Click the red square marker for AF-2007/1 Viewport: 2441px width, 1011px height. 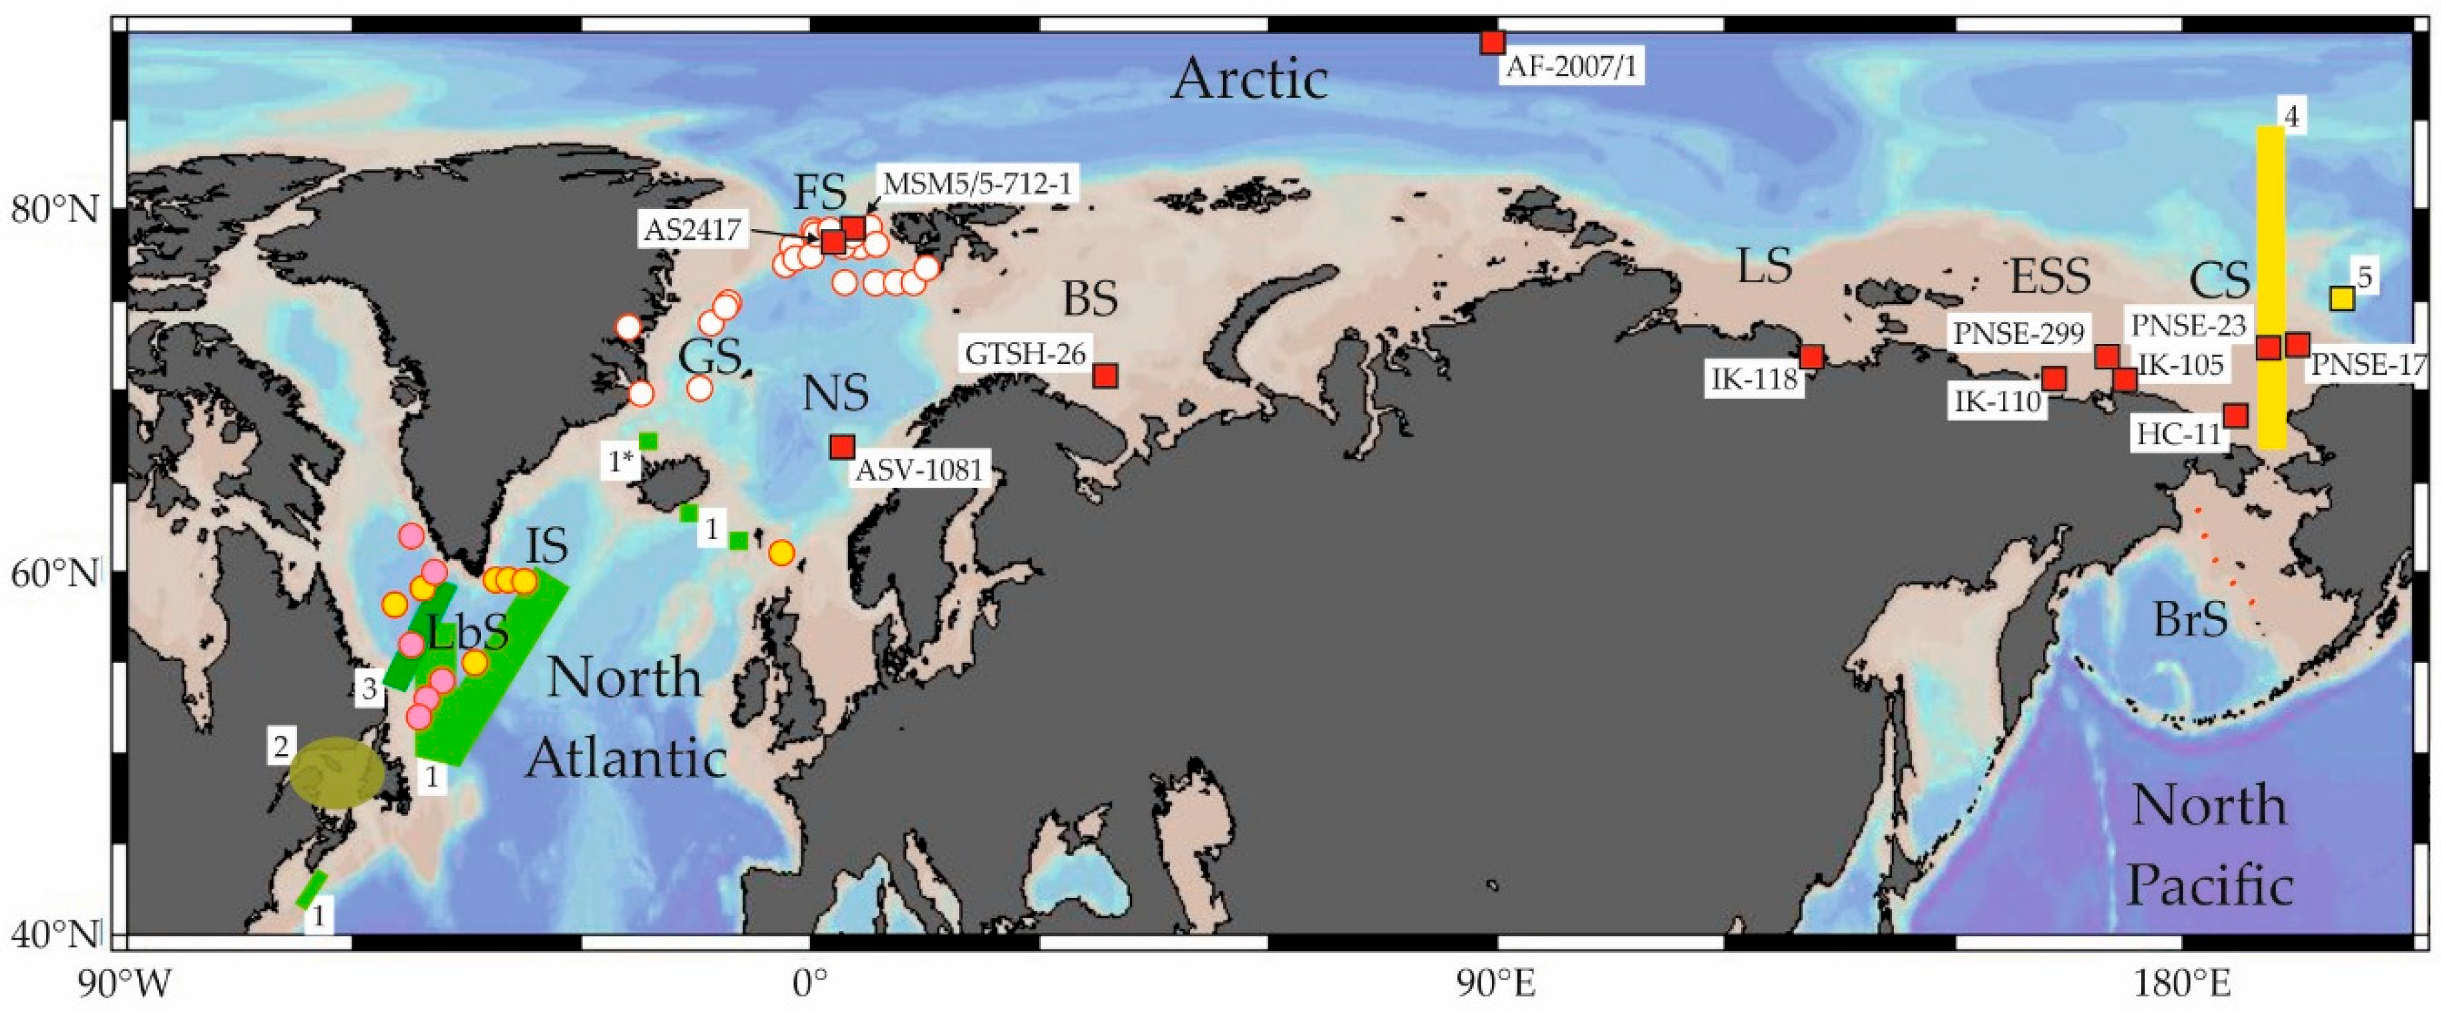(1493, 43)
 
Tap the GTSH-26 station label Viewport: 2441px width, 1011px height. (1024, 353)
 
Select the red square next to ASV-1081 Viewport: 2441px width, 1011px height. (842, 446)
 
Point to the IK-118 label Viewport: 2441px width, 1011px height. (1754, 380)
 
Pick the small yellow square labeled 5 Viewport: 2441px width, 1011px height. (2341, 298)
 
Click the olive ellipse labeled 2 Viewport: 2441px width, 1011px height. (337, 773)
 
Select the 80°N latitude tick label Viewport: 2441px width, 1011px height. (55, 208)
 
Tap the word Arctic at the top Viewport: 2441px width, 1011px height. (1248, 79)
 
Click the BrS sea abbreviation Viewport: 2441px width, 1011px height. (2190, 620)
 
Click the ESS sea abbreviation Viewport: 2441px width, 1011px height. (2050, 276)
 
